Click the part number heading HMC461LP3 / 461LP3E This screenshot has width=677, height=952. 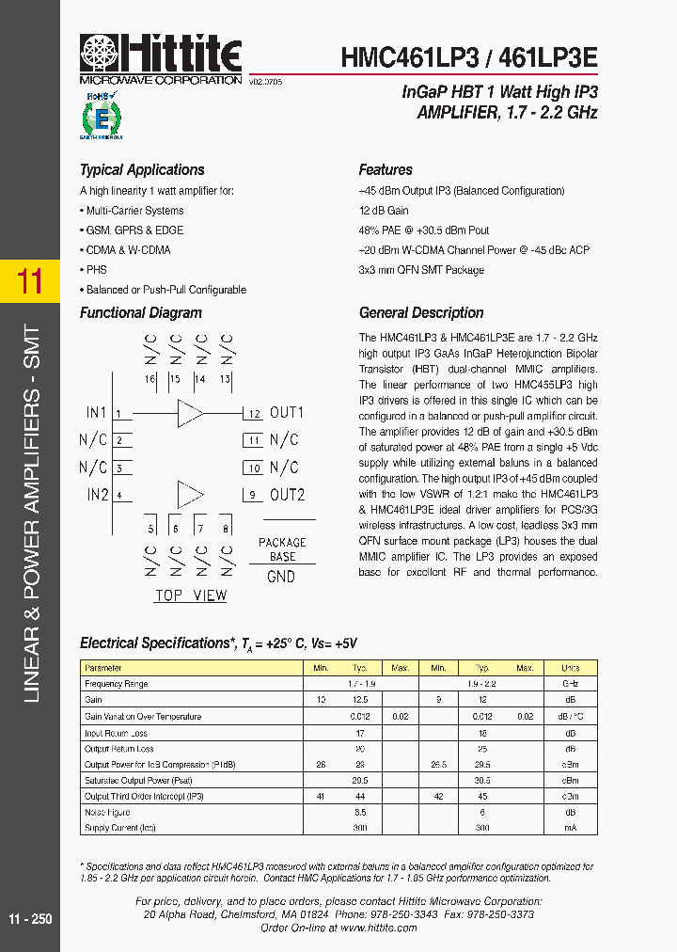[x=468, y=56]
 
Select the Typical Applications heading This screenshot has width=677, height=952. [x=142, y=170]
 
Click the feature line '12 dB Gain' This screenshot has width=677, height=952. [x=384, y=211]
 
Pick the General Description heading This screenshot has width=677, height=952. [x=421, y=313]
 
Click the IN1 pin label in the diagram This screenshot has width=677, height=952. [x=97, y=413]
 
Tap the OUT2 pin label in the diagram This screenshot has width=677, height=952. [x=287, y=496]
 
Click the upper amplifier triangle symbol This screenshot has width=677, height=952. [x=191, y=413]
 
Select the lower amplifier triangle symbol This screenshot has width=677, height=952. [x=191, y=496]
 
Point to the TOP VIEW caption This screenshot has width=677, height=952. [x=191, y=595]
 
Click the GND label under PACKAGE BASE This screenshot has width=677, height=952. [x=281, y=577]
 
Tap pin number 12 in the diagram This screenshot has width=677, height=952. [x=254, y=414]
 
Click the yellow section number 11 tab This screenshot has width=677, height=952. [x=30, y=281]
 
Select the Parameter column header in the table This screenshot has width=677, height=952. [x=103, y=668]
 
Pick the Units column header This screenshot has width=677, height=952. [x=570, y=668]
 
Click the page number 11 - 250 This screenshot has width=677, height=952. [x=30, y=918]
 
